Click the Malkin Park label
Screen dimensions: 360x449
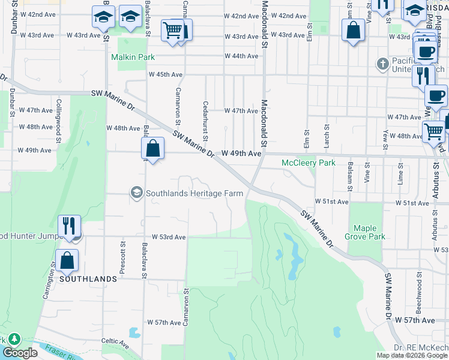pyautogui.click(x=133, y=57)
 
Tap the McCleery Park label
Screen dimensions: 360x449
pyautogui.click(x=309, y=163)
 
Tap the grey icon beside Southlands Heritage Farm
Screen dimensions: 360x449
pyautogui.click(x=136, y=193)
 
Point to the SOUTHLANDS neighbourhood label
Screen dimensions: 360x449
pyautogui.click(x=88, y=280)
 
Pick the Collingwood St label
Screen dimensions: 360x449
pyautogui.click(x=59, y=119)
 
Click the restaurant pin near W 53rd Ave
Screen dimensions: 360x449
pyautogui.click(x=69, y=226)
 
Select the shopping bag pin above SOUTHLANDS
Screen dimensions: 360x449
pyautogui.click(x=67, y=260)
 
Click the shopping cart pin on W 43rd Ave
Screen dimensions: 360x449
pyautogui.click(x=172, y=30)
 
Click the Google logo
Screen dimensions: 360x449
pyautogui.click(x=20, y=353)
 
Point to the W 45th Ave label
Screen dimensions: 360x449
pyautogui.click(x=166, y=74)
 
